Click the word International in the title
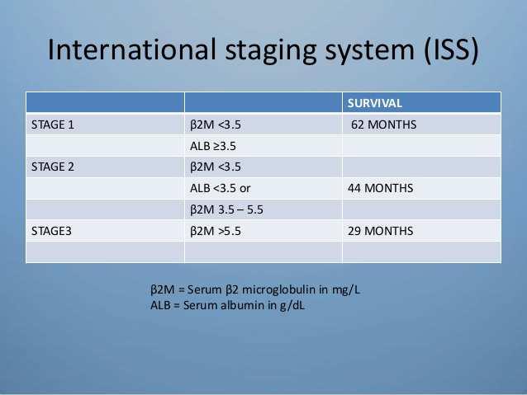[x=132, y=49]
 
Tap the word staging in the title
[x=271, y=52]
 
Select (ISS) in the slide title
[x=451, y=50]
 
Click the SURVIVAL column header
[x=375, y=103]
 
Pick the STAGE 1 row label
[x=53, y=125]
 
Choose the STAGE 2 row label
[x=53, y=167]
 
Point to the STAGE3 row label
[x=51, y=231]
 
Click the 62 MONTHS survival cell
[x=383, y=125]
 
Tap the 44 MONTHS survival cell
[x=381, y=188]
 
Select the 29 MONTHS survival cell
[x=381, y=231]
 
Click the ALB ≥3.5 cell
[x=213, y=146]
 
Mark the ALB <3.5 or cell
[x=221, y=188]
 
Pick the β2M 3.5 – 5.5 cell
[x=226, y=209]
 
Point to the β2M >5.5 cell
[x=216, y=231]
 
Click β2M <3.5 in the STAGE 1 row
[x=216, y=125]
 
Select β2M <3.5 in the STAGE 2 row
[x=216, y=167]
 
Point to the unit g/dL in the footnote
[x=292, y=306]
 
